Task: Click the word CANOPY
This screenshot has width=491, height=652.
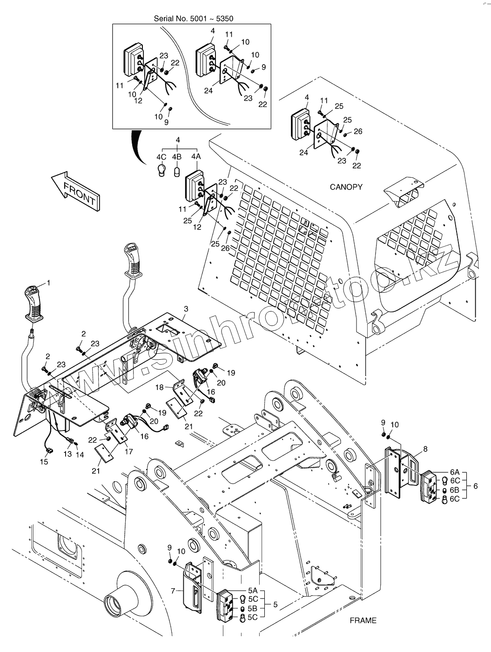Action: pos(346,187)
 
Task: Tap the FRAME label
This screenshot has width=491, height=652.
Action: pos(363,620)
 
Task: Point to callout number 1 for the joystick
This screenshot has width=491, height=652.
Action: pos(49,283)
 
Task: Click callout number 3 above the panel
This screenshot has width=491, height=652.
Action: pos(186,309)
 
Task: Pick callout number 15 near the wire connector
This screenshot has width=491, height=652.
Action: pos(44,462)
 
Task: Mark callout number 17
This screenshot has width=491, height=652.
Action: pos(128,451)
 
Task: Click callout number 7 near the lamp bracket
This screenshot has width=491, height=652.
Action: pos(173,591)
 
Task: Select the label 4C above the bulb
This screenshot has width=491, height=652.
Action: pos(161,157)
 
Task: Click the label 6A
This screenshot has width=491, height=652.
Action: pos(455,472)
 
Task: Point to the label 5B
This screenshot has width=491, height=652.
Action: pos(252,608)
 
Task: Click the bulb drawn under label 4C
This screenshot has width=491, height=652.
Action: pos(161,170)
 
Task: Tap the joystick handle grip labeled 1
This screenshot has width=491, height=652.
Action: pos(35,305)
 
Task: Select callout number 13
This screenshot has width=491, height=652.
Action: pos(68,454)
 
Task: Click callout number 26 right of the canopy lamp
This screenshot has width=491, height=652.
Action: pos(358,131)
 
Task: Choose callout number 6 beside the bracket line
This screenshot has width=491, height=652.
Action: pos(475,486)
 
